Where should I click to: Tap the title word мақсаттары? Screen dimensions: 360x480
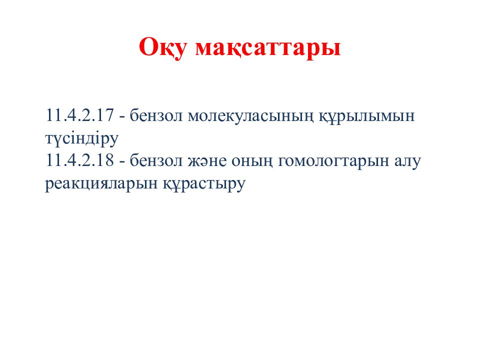(x=268, y=48)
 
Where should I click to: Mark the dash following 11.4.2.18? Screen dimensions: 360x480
(x=122, y=162)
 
